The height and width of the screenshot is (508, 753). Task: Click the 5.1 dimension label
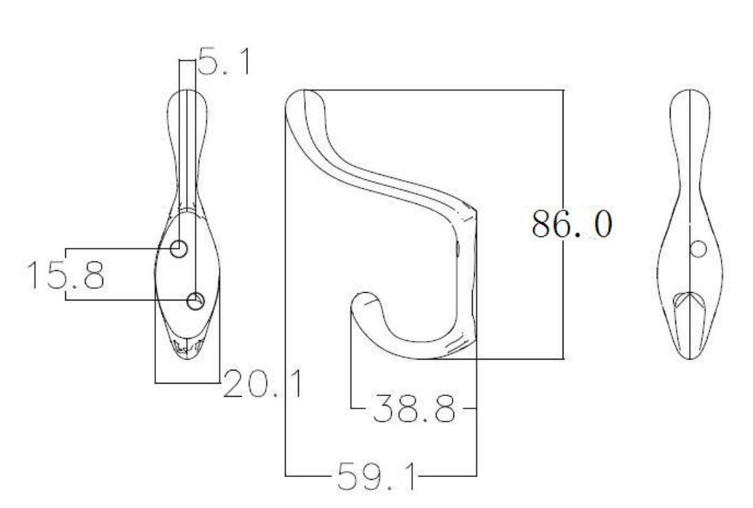(224, 61)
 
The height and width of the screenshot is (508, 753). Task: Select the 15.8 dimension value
(65, 274)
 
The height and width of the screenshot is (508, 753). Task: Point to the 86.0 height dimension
(570, 225)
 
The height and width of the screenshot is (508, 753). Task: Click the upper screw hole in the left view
(179, 249)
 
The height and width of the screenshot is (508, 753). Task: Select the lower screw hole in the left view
(196, 300)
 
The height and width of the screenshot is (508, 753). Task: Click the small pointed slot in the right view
(688, 302)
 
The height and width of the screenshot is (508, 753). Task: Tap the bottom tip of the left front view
(187, 356)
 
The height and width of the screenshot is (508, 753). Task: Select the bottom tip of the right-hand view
(689, 357)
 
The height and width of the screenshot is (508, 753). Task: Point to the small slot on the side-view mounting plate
(458, 247)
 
